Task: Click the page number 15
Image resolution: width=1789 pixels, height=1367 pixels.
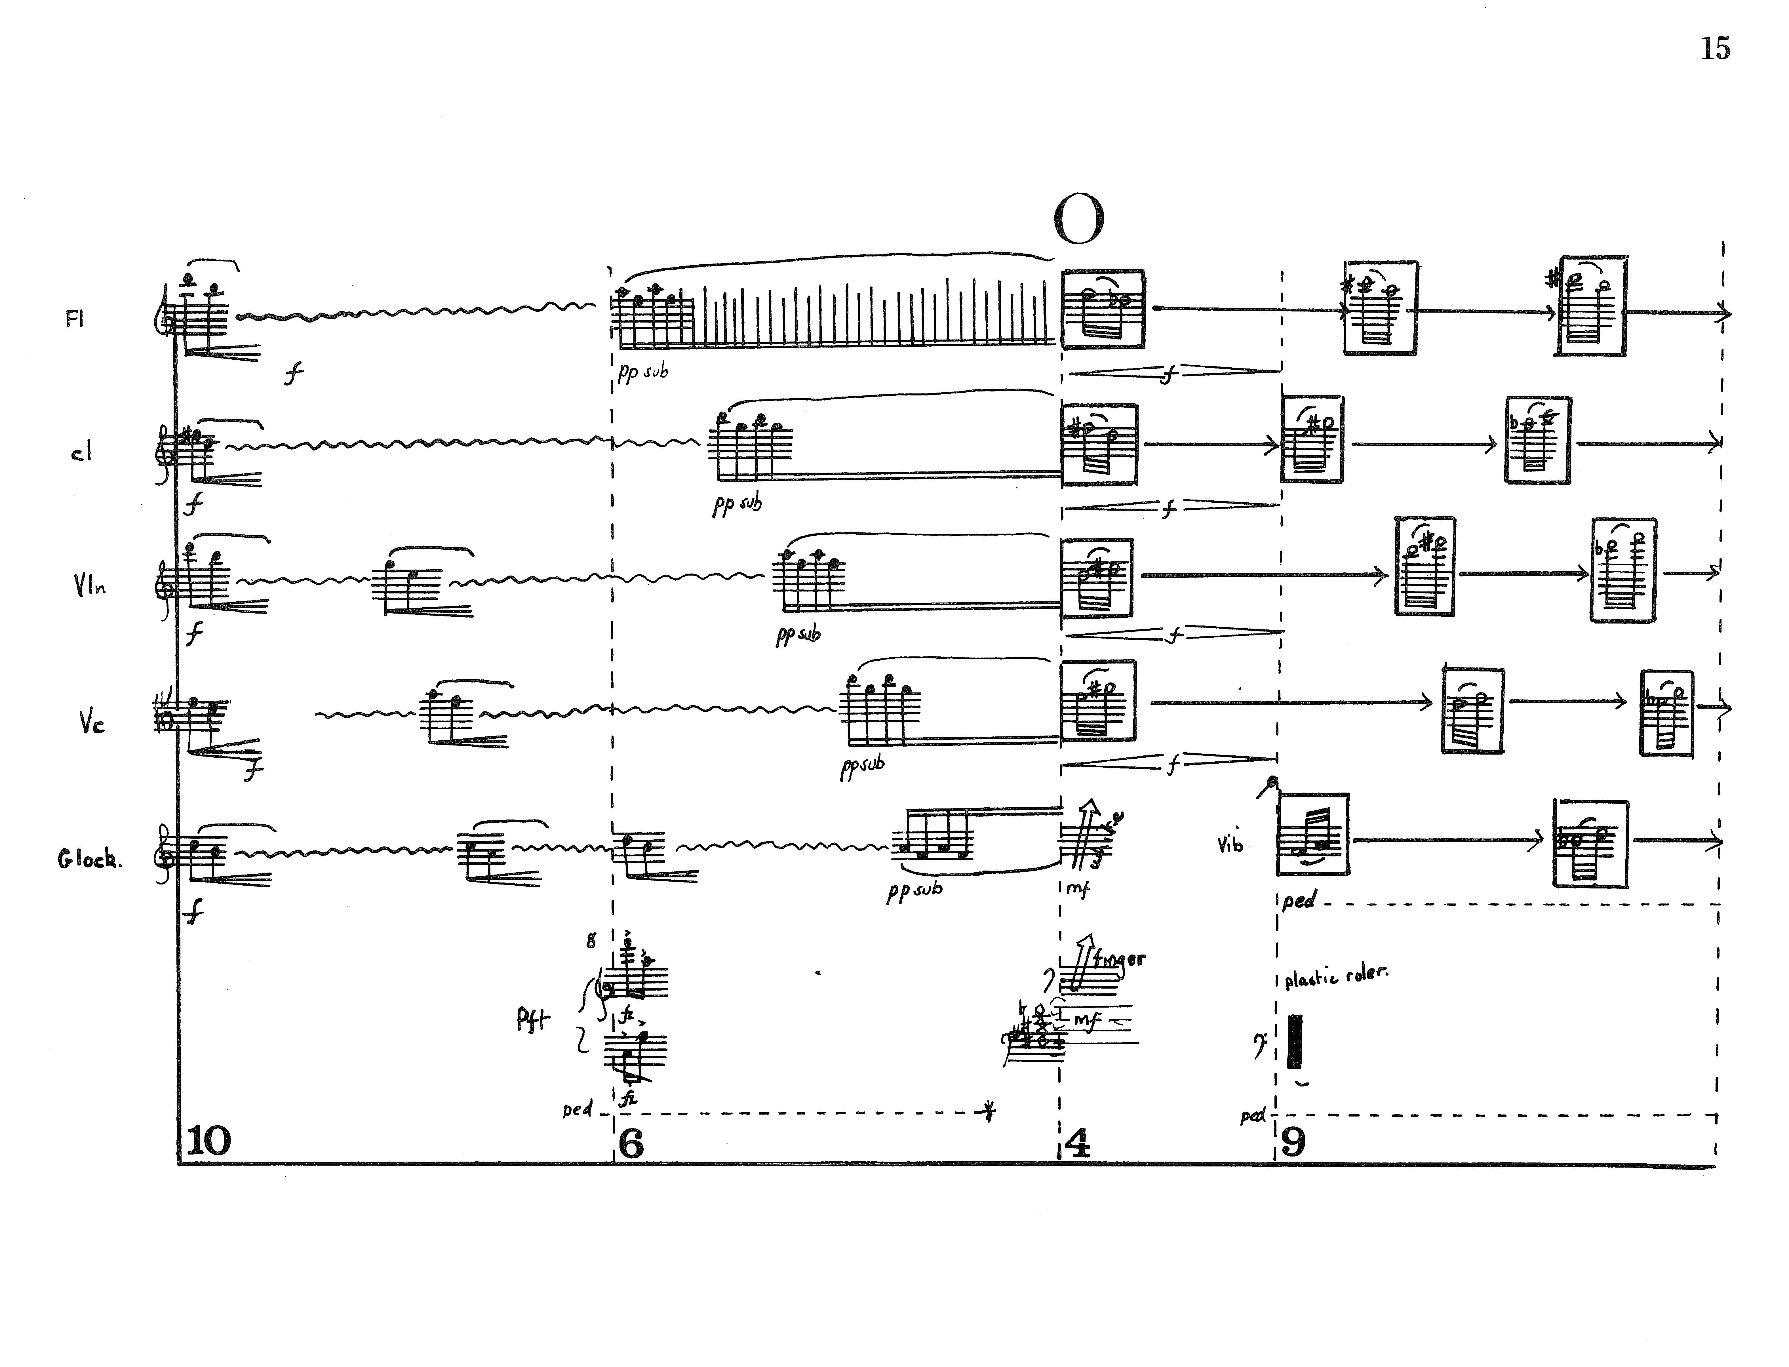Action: click(1715, 49)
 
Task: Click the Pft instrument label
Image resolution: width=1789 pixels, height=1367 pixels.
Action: click(533, 1020)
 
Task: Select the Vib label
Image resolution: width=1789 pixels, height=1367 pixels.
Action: click(1230, 844)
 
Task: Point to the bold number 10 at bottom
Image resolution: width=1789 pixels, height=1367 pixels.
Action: click(209, 1141)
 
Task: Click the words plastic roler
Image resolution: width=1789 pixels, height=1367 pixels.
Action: click(1336, 976)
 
